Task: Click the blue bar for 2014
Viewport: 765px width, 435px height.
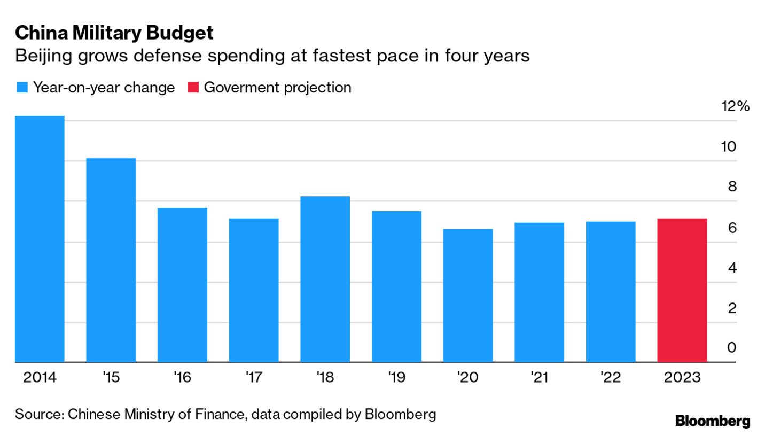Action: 40,239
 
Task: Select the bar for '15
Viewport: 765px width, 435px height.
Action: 111,260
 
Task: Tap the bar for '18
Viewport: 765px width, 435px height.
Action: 325,279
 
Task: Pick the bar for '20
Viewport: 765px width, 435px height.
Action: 468,296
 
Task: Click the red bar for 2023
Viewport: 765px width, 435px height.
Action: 682,290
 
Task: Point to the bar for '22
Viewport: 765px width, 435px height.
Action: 611,292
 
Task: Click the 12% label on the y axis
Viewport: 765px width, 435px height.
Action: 735,107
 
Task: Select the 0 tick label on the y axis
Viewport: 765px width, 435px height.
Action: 731,347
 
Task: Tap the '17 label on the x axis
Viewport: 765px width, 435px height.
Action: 254,378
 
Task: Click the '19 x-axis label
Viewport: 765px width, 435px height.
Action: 396,378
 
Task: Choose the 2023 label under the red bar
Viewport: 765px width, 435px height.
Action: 682,378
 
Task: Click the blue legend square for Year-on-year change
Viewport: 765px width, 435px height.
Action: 22,88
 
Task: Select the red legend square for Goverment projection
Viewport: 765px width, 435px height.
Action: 193,88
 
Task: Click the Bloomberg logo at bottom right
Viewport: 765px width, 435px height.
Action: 713,421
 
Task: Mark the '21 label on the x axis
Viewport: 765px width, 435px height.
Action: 540,378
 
